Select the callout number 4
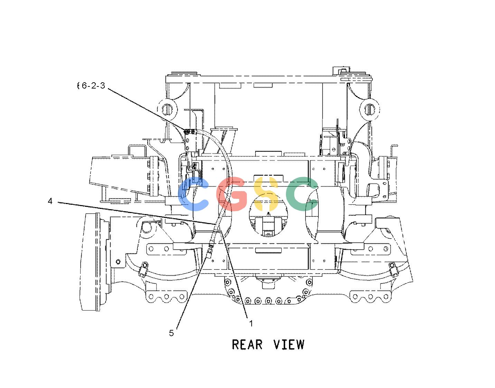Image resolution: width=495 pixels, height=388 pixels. click(50, 201)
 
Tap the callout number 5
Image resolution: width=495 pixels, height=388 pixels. click(171, 333)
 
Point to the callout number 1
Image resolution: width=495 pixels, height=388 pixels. click(251, 324)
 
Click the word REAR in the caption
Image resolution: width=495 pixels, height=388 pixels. click(247, 344)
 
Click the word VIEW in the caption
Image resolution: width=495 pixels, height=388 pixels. click(289, 344)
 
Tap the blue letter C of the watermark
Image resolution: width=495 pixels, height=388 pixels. click(193, 194)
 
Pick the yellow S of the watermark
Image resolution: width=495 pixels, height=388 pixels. click(266, 194)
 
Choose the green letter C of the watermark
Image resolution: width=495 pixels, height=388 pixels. click(302, 194)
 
